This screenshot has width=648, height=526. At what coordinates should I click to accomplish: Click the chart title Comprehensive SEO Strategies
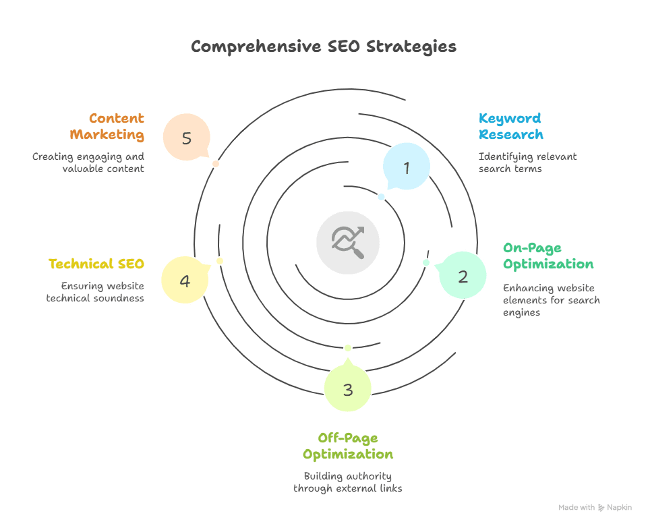(x=323, y=47)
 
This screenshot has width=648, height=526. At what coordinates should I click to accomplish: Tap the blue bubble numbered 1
(x=407, y=167)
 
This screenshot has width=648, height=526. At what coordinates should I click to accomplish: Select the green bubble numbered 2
(x=463, y=276)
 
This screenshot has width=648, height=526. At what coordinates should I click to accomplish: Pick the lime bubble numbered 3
(x=347, y=389)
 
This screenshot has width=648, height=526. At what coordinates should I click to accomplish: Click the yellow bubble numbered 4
(x=185, y=280)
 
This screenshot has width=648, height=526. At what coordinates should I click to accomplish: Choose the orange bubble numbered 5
(x=187, y=138)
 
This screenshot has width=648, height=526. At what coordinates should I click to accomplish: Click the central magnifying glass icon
(x=348, y=241)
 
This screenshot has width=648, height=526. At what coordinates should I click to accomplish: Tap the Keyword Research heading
(x=510, y=126)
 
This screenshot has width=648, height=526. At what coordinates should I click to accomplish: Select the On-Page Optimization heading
(x=548, y=256)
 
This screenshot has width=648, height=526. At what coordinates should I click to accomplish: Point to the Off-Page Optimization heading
(x=347, y=446)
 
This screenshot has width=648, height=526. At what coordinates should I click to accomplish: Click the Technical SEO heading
(x=96, y=264)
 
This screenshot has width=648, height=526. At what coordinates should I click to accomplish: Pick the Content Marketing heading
(x=107, y=126)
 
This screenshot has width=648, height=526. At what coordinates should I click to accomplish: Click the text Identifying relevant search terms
(x=527, y=163)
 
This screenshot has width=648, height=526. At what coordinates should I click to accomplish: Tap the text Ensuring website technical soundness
(x=95, y=291)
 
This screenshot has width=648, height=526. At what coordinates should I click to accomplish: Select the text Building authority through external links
(x=347, y=481)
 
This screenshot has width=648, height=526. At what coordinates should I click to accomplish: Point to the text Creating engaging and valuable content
(x=88, y=163)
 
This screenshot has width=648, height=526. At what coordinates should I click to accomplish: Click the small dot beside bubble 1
(x=381, y=197)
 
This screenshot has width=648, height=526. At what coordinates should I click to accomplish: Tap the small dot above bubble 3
(x=348, y=348)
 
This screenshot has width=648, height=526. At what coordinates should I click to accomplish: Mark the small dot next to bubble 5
(x=216, y=164)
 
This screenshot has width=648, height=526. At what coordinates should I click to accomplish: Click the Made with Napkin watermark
(x=595, y=507)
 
